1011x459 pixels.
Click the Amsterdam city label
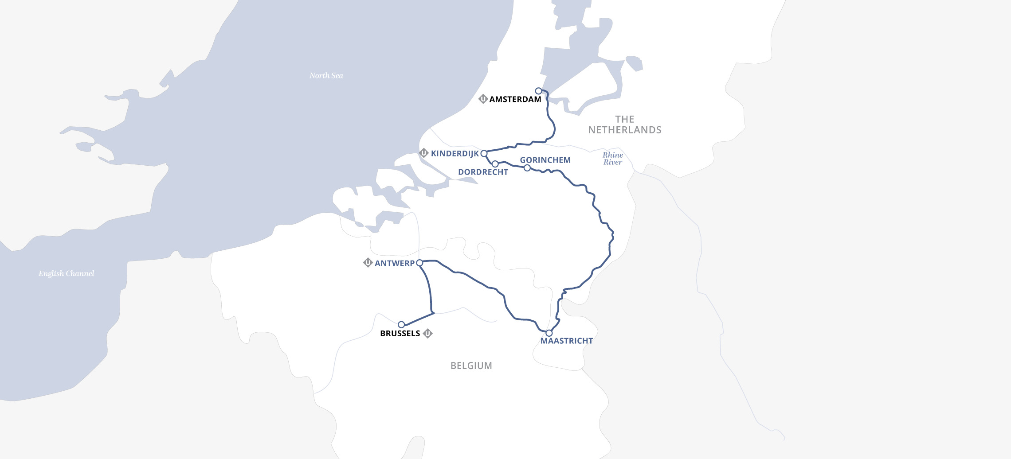(x=515, y=99)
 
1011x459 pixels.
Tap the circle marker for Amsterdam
(x=538, y=91)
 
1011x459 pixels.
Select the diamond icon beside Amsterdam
(x=483, y=99)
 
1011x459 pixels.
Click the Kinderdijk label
(x=455, y=154)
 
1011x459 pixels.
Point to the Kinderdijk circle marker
(x=484, y=153)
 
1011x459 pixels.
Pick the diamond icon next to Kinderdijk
(x=424, y=153)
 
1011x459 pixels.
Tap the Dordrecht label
(x=483, y=172)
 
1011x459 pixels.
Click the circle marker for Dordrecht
(x=495, y=164)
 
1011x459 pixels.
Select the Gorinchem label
(x=545, y=160)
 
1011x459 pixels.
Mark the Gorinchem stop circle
(x=527, y=168)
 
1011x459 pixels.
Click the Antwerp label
(x=394, y=263)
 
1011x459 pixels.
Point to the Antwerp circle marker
(x=419, y=263)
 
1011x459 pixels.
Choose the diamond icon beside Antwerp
(x=368, y=263)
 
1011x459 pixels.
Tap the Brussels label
(x=400, y=334)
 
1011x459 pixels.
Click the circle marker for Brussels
(x=401, y=325)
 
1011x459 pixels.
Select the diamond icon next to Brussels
(x=427, y=333)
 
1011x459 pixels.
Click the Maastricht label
(x=566, y=341)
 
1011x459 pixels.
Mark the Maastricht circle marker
(x=549, y=333)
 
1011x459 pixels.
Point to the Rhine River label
(x=612, y=159)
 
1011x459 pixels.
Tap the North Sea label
(x=326, y=76)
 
